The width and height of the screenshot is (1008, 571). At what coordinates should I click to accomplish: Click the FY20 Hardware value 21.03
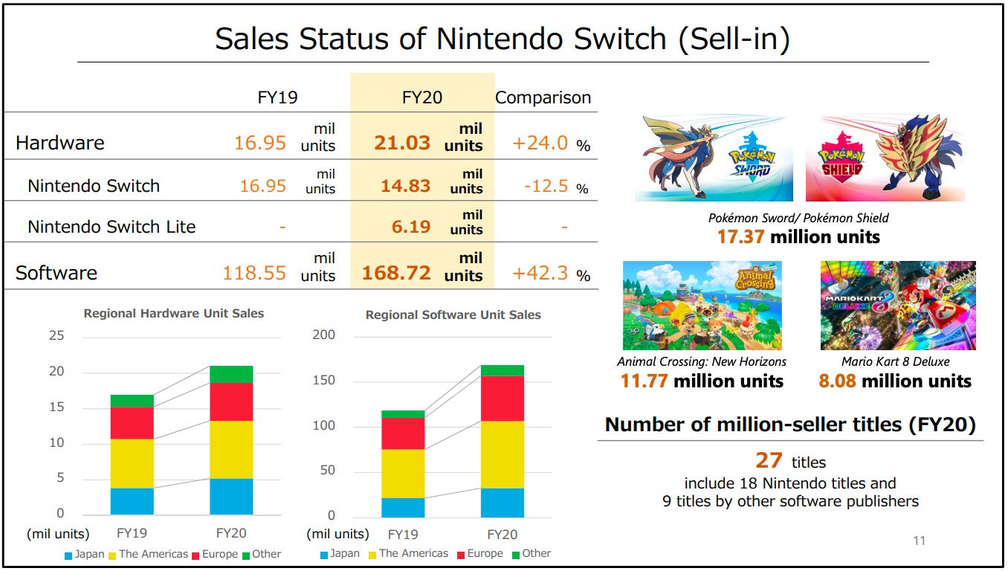click(x=402, y=143)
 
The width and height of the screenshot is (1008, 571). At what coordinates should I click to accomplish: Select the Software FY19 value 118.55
click(x=254, y=273)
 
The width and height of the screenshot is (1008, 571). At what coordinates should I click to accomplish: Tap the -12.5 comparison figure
click(x=546, y=185)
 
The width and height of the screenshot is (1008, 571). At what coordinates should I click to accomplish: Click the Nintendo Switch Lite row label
click(x=112, y=227)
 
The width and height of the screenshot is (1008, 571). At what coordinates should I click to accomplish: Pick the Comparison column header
click(x=543, y=97)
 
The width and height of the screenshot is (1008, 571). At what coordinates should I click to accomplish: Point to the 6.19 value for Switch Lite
click(x=411, y=227)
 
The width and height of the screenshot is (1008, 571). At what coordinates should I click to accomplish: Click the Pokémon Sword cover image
click(x=714, y=158)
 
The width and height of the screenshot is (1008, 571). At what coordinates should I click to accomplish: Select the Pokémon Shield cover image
click(x=885, y=158)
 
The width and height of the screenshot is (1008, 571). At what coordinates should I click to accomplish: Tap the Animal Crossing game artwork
click(x=702, y=305)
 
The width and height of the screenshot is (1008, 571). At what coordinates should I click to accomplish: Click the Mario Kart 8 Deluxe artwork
click(x=898, y=305)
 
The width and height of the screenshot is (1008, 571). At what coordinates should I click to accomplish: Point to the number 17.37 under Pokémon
click(x=740, y=237)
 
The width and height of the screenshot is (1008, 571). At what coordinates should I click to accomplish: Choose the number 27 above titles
click(x=769, y=461)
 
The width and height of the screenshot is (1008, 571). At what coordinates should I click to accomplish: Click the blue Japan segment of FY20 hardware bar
click(x=231, y=496)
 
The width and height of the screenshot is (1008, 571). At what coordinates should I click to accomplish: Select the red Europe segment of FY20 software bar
click(x=502, y=398)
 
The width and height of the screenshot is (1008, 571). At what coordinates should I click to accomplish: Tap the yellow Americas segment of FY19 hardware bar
click(x=132, y=463)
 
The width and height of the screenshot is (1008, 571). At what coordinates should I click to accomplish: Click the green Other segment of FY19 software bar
click(x=403, y=414)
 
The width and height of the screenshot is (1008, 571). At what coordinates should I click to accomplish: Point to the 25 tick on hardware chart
click(x=56, y=336)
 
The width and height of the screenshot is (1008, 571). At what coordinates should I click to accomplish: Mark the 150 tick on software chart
click(x=323, y=381)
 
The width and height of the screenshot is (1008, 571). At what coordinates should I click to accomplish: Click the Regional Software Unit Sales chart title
click(x=453, y=315)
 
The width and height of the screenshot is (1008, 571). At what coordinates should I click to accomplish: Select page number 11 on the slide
click(x=919, y=541)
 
